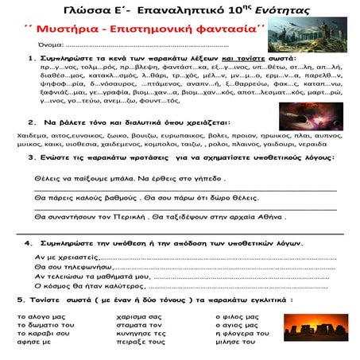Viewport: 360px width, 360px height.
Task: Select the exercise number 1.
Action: (x=31, y=59)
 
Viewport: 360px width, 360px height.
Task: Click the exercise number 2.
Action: (x=31, y=122)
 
